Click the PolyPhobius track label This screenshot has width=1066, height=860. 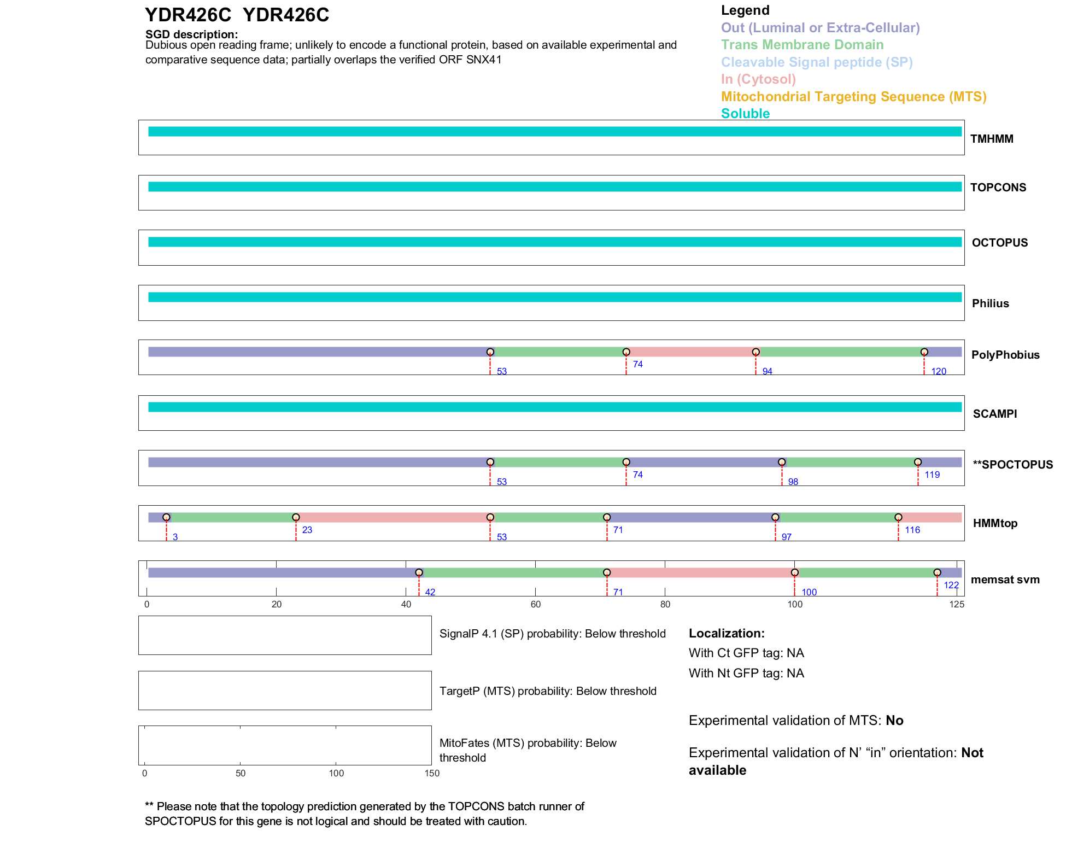(1005, 355)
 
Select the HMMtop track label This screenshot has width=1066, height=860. (995, 523)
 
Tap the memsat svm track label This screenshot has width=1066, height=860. (1005, 580)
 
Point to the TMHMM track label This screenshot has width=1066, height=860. (992, 139)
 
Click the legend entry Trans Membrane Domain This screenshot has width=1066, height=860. (802, 45)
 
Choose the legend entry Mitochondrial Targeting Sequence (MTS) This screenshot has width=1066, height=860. (853, 97)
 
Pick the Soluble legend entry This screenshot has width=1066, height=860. (745, 114)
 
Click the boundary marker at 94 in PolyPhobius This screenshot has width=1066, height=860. (755, 352)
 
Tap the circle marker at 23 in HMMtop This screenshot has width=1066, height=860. (296, 517)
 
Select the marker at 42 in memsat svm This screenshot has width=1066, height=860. (419, 572)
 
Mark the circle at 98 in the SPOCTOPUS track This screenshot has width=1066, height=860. (782, 462)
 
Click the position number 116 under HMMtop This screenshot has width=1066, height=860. (912, 530)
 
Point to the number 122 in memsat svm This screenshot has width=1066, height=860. (951, 585)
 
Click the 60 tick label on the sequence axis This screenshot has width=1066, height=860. (535, 604)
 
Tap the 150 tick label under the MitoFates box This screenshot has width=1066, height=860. (432, 773)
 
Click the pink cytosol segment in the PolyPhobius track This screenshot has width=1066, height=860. (691, 352)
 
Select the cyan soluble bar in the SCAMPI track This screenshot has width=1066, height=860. (555, 407)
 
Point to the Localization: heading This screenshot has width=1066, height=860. (727, 633)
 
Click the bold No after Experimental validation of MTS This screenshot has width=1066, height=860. (894, 721)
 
